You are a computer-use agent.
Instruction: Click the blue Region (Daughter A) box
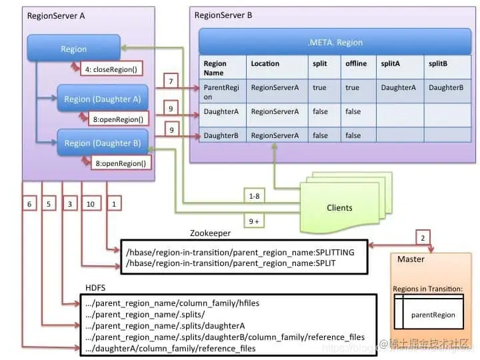tap(102, 99)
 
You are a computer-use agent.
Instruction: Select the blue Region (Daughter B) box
tap(102, 143)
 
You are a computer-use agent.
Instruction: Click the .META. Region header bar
tap(334, 42)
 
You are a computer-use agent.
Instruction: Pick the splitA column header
tap(392, 63)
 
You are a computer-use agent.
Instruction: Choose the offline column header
tap(356, 63)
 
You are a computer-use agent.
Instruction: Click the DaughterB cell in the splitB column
tap(447, 87)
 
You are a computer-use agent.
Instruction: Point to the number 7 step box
tap(171, 81)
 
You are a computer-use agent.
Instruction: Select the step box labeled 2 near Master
tap(421, 237)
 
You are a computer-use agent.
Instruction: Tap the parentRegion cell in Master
tap(433, 315)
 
